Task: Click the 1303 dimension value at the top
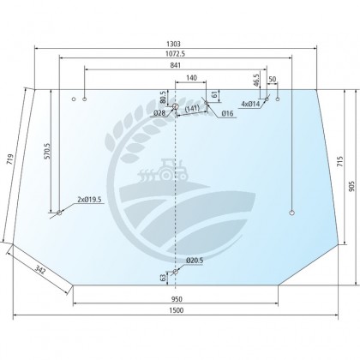(x=173, y=44)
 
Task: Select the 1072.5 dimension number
(x=175, y=53)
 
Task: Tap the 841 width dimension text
(x=176, y=65)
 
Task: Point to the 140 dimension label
(x=191, y=78)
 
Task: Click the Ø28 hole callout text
(x=159, y=113)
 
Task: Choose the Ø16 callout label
(x=227, y=113)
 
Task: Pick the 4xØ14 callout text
(x=250, y=104)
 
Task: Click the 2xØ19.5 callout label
(x=89, y=200)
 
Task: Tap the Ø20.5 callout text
(x=195, y=261)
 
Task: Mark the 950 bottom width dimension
(x=177, y=299)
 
